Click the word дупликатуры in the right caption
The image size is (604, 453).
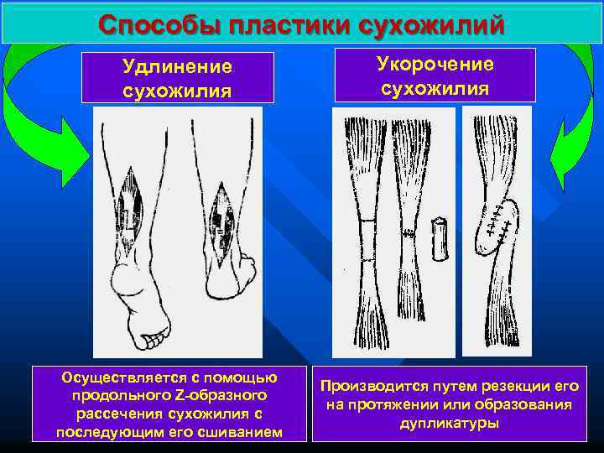coord(449,423)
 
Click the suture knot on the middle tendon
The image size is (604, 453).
coord(409,232)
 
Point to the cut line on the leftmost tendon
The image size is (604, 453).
coord(360,221)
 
